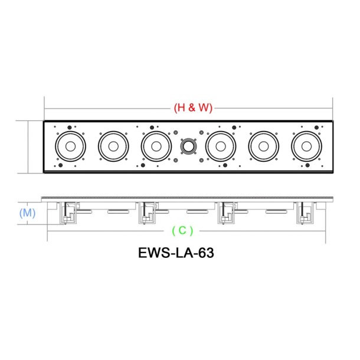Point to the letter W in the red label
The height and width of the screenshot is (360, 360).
tap(200, 108)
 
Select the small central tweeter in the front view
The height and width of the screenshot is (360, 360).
tap(188, 147)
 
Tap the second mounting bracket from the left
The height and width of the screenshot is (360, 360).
tap(146, 213)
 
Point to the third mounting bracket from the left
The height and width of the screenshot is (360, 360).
tap(226, 213)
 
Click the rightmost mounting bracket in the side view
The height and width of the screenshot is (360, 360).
tap(304, 213)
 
